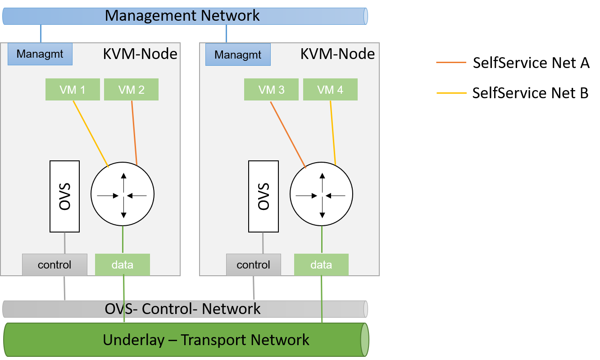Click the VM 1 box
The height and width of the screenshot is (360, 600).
[x=73, y=90]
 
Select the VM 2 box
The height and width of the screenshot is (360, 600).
[x=131, y=90]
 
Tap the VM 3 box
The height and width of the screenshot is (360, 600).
[x=271, y=90]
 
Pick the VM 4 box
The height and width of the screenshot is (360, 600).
[x=330, y=90]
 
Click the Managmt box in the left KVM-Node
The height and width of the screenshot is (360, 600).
[x=40, y=54]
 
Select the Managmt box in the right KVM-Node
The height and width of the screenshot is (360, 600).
[x=238, y=55]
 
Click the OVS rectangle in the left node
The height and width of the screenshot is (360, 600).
[x=64, y=196]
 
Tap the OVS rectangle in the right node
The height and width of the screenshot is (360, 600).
[x=263, y=196]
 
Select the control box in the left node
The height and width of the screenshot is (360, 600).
[x=55, y=264]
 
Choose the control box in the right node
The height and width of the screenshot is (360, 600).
[x=253, y=264]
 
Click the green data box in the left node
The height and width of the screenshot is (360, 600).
[x=123, y=264]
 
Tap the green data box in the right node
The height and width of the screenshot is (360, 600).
[x=321, y=264]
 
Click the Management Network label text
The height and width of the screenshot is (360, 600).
[x=182, y=15]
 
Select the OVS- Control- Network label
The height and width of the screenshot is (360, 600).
[x=182, y=309]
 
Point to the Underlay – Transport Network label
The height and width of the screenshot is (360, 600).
[x=206, y=339]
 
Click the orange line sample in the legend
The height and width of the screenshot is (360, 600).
[x=451, y=63]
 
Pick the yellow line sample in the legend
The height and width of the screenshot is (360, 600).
[x=451, y=93]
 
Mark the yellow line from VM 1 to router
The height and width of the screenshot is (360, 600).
[x=91, y=133]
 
